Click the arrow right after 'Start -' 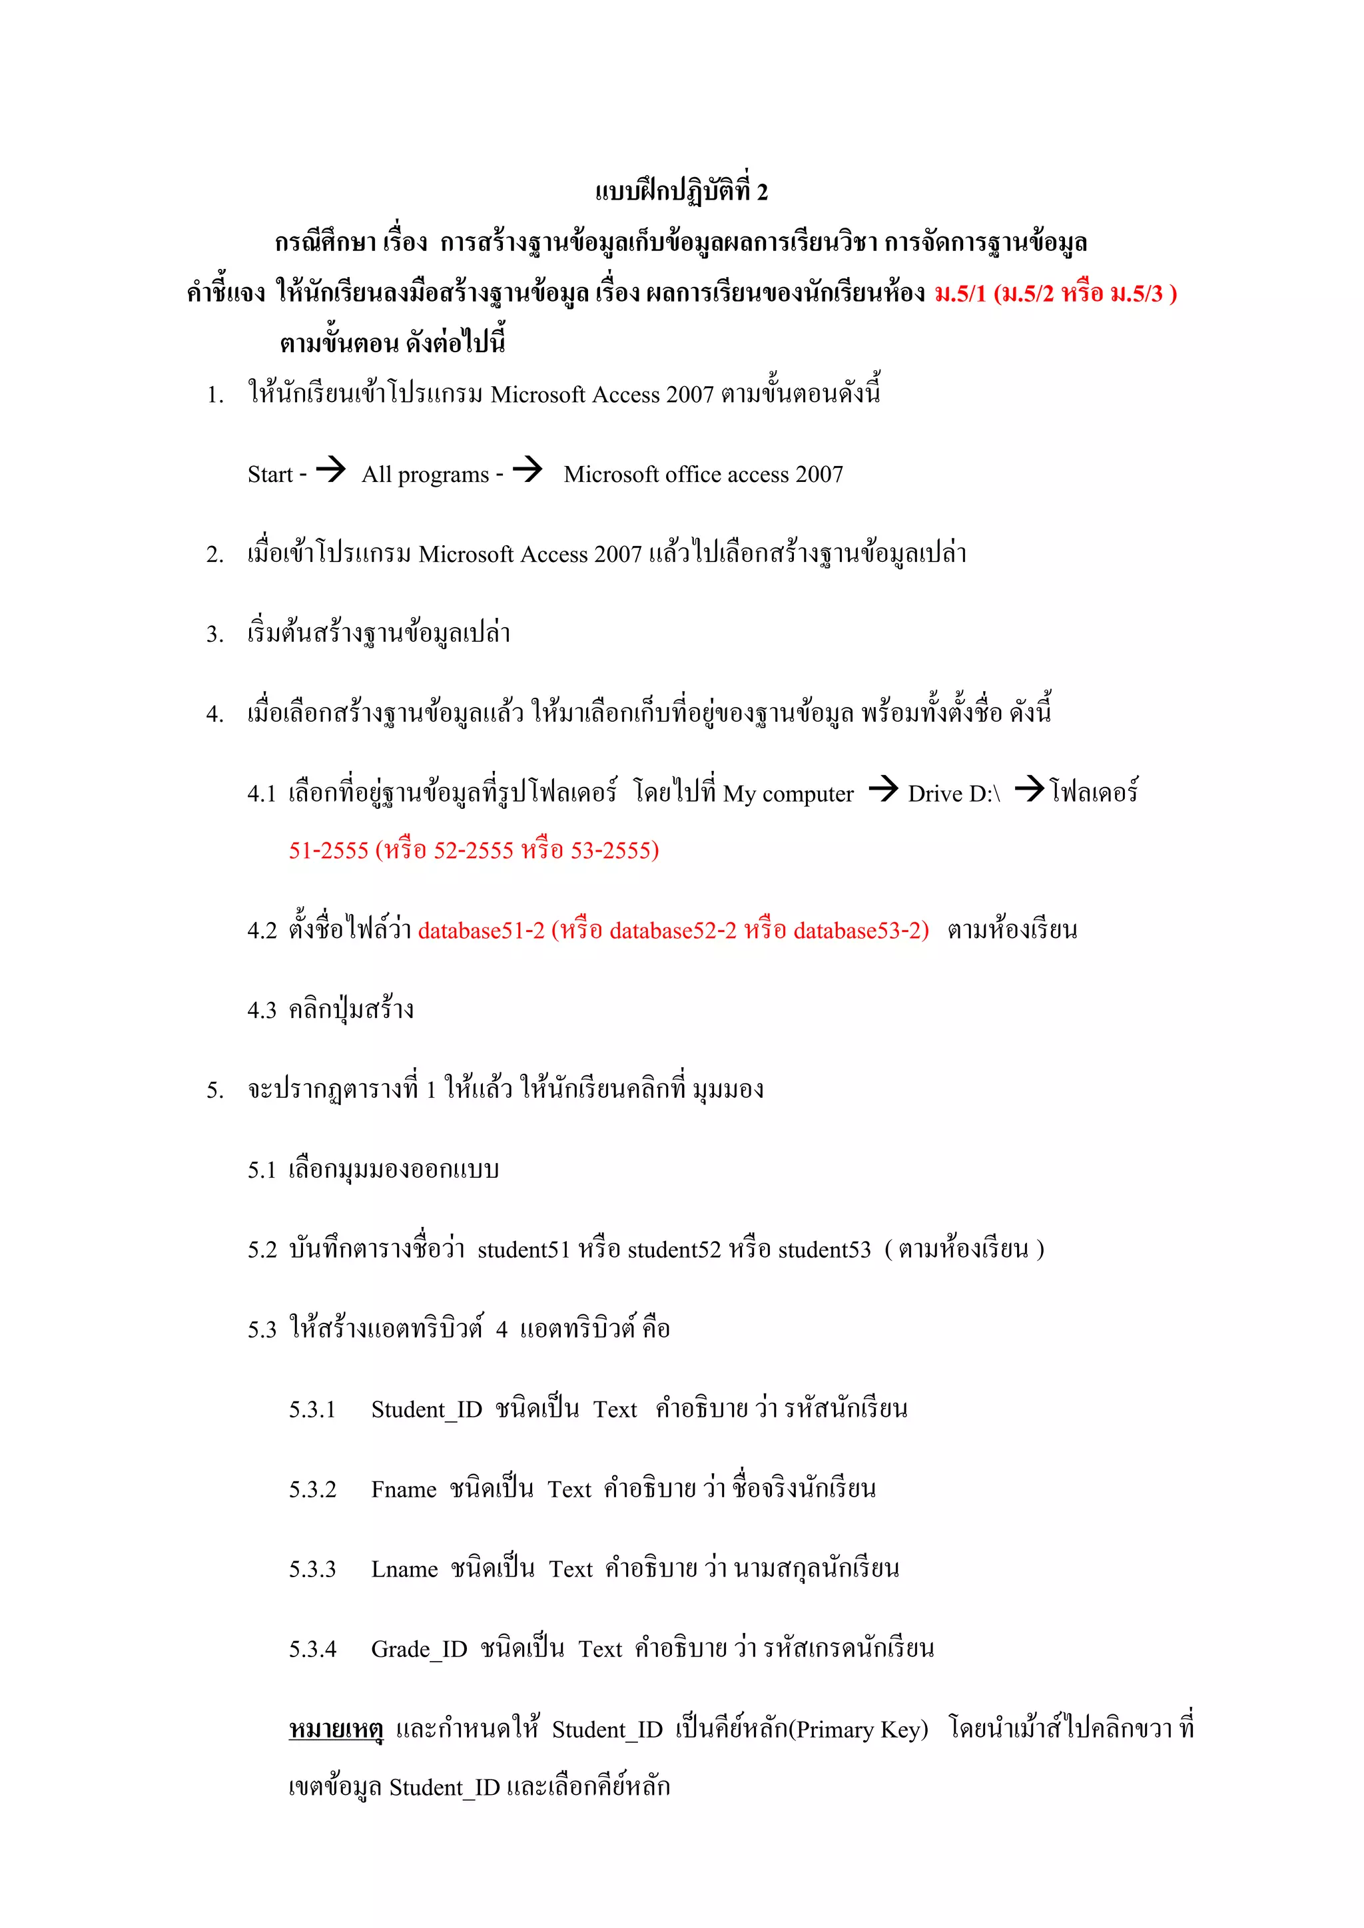coord(330,469)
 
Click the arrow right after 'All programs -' coord(527,469)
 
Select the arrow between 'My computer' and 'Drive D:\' coord(882,788)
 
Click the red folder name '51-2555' coord(328,851)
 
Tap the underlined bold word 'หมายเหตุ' coord(336,1730)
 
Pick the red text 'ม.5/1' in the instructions coord(960,293)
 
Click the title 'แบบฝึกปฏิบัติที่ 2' coord(681,192)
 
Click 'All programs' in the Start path coord(425,475)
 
